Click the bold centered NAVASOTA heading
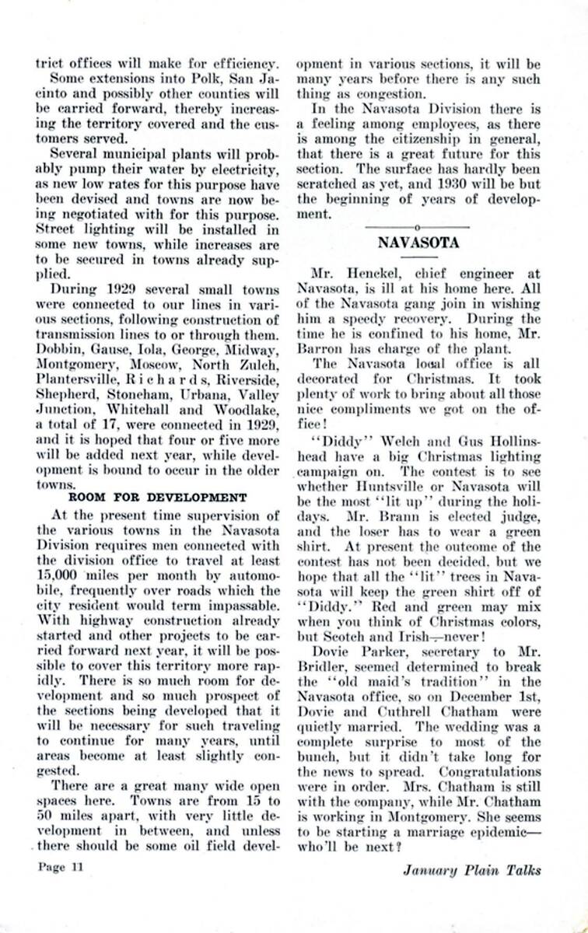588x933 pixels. coord(418,242)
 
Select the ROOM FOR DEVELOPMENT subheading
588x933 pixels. coord(158,498)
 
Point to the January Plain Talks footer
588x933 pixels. coord(471,869)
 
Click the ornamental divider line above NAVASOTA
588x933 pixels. coord(418,226)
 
